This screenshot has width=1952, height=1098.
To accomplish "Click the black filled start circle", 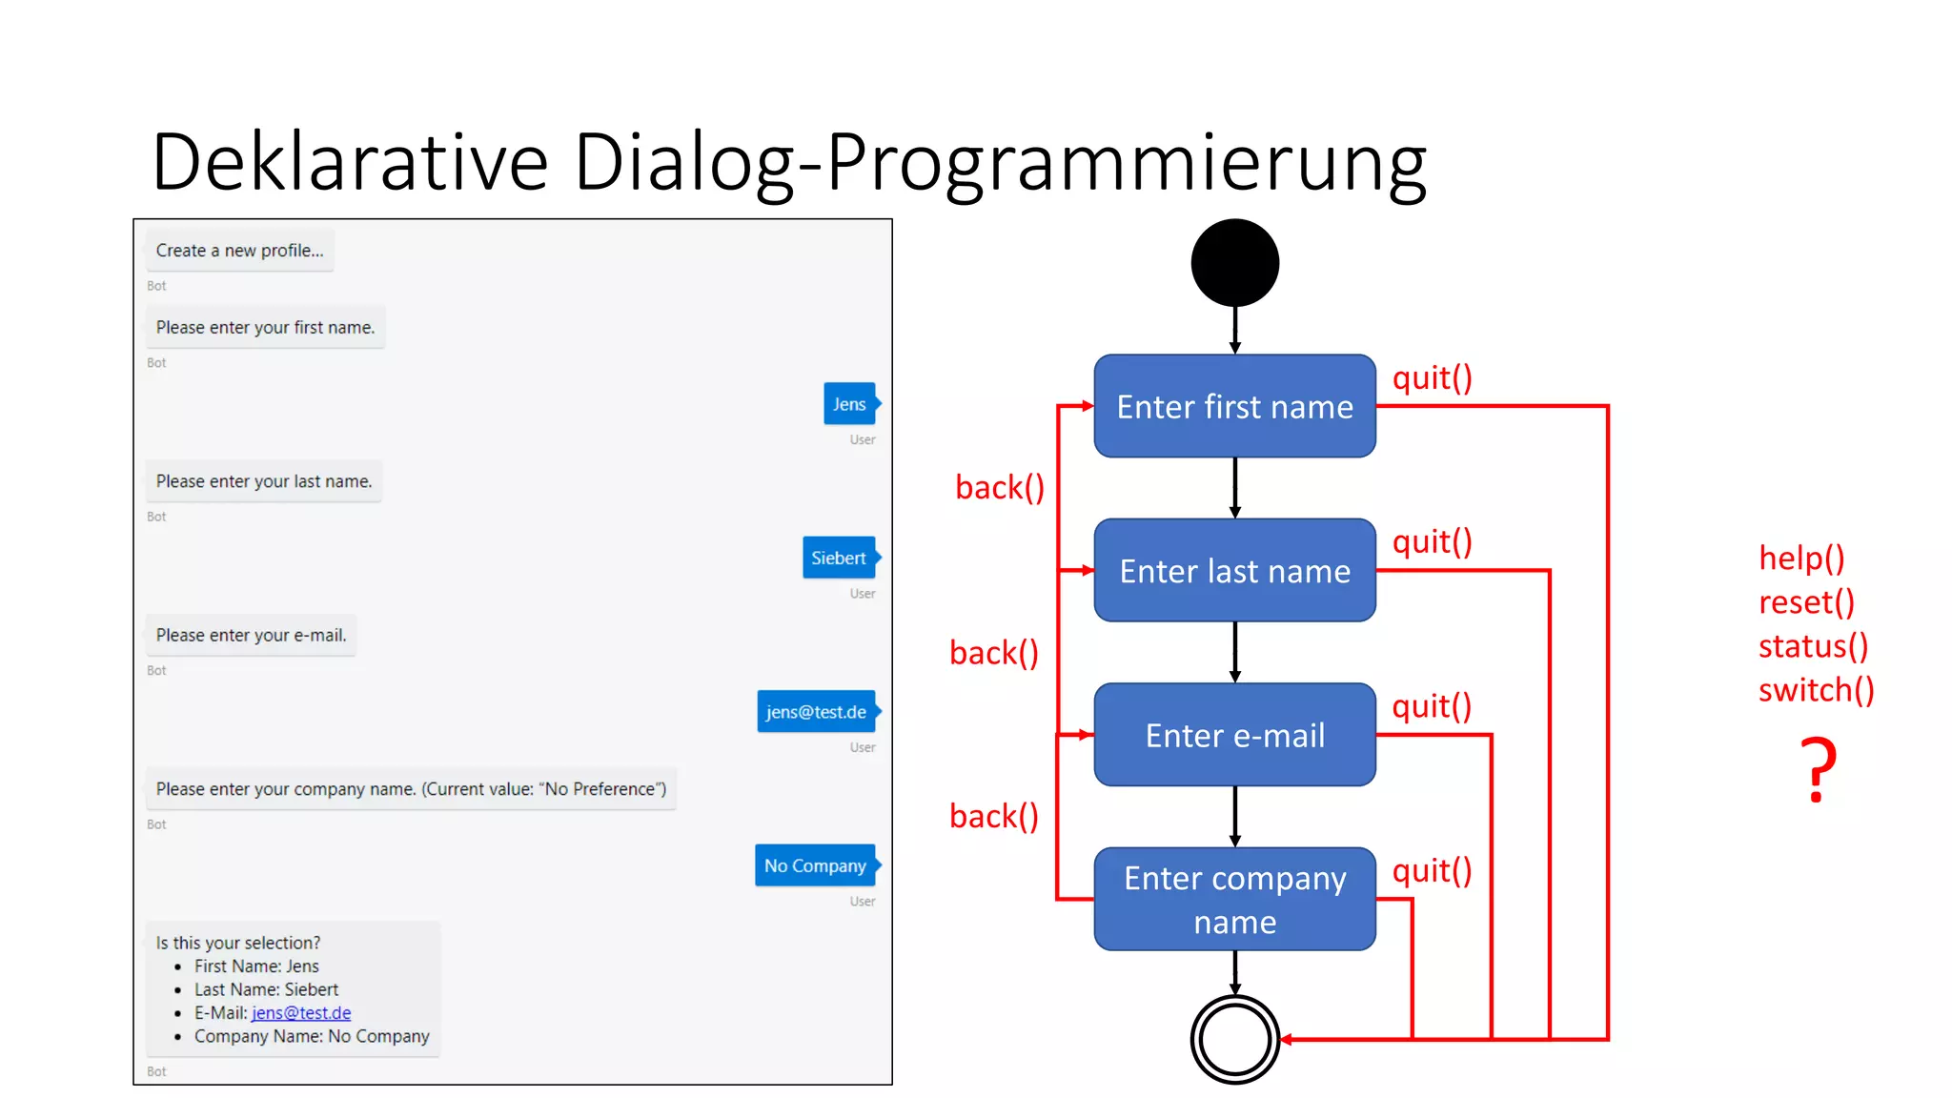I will [1234, 263].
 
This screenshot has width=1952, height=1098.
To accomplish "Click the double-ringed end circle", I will [1234, 1039].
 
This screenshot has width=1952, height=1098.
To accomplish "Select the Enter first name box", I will [1234, 407].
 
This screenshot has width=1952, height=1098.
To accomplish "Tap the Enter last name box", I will [1234, 571].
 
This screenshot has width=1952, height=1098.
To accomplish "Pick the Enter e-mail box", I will [1234, 735].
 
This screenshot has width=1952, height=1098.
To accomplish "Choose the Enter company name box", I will [1234, 899].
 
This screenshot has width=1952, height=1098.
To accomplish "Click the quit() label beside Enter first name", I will [1432, 378].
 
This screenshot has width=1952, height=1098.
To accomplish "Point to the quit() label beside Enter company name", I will [1432, 870].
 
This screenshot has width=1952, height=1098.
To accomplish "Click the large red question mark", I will [1818, 770].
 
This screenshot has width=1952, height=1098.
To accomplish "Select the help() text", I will [1801, 558].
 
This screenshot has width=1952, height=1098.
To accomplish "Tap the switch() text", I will [1816, 689].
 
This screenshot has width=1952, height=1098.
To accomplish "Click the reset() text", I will [1806, 602].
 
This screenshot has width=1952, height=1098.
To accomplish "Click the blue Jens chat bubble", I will [849, 404].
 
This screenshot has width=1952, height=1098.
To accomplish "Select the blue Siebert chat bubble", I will [839, 558].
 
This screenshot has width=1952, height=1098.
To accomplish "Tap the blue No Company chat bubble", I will [815, 865].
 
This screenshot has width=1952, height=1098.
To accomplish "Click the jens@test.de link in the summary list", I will [301, 1012].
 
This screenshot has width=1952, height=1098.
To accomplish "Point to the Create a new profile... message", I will [239, 251].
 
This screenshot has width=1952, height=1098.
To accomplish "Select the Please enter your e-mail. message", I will [251, 635].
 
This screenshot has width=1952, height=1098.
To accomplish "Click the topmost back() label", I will [999, 488].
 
